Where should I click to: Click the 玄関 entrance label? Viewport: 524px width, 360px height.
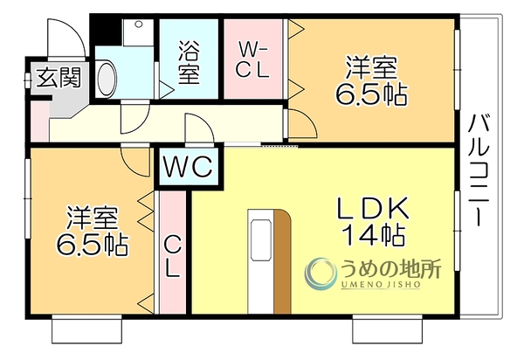[x=59, y=78]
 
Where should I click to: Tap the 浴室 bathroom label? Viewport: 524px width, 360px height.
[x=189, y=63]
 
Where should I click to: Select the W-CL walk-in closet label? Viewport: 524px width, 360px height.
[x=253, y=60]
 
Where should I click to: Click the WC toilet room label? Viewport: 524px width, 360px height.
[x=189, y=166]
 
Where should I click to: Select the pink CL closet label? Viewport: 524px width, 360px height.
[x=172, y=258]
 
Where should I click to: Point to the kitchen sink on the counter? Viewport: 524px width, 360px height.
[x=260, y=239]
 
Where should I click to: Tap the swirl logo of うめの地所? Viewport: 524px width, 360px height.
[x=321, y=273]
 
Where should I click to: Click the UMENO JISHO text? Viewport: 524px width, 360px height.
[x=381, y=285]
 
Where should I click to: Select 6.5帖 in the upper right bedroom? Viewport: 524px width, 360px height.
[x=371, y=94]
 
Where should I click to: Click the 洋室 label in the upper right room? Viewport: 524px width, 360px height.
[x=371, y=68]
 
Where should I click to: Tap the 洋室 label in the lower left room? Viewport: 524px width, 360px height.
[x=92, y=218]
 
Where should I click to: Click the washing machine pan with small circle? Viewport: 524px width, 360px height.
[x=138, y=32]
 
